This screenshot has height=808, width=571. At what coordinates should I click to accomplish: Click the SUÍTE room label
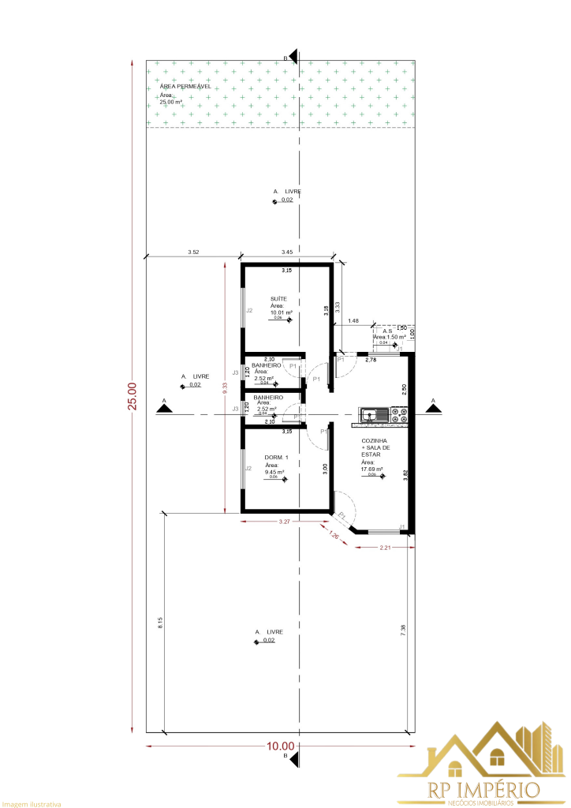coord(278,299)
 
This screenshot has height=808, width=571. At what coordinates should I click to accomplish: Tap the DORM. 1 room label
coord(277,458)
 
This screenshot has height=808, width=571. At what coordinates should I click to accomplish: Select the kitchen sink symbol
coord(371,413)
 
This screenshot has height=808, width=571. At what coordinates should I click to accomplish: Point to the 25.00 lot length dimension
coord(132,396)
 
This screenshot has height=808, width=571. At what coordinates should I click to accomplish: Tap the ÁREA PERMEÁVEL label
coord(185,87)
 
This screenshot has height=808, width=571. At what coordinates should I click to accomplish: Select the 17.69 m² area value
coord(371,469)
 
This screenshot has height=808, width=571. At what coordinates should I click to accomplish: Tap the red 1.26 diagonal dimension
coord(335,537)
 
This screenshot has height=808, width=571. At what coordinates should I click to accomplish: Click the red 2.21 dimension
coord(386,547)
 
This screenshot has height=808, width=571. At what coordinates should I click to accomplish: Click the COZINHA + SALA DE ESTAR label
coord(375,447)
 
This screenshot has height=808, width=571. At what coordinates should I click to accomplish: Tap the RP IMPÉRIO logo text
coord(483,788)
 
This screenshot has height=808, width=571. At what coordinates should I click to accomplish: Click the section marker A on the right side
coord(431,405)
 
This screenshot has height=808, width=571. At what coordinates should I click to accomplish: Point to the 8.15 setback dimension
coord(160,621)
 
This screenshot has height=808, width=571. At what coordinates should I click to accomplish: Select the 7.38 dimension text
coord(403,629)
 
